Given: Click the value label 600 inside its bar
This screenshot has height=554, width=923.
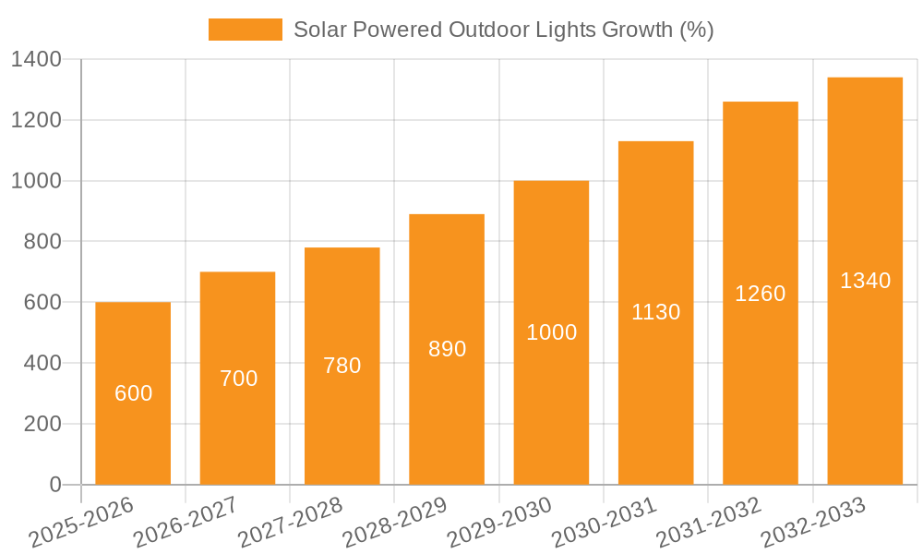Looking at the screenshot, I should (133, 393).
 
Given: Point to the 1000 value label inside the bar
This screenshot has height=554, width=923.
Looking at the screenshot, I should (551, 332).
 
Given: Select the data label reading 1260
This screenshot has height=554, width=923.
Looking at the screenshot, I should (761, 294).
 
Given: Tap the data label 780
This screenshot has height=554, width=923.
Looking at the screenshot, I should (342, 366).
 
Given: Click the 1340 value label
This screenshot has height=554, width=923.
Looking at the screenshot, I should (865, 281).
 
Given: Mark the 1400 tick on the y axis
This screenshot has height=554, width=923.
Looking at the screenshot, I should (37, 60).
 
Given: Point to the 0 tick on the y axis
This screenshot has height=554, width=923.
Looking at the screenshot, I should (54, 485).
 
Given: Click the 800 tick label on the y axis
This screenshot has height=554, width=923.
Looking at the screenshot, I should (42, 242).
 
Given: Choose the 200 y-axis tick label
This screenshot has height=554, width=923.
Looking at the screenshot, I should (42, 424).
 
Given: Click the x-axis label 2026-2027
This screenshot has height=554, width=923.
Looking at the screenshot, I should (186, 523).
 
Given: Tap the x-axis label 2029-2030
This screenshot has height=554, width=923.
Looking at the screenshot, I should (499, 523).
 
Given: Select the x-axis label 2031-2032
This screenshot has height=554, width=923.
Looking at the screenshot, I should (709, 523).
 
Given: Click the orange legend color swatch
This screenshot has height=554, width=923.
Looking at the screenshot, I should (246, 30).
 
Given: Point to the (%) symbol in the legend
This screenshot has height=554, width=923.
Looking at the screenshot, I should (697, 30).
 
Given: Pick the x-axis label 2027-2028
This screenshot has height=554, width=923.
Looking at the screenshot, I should (290, 523).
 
